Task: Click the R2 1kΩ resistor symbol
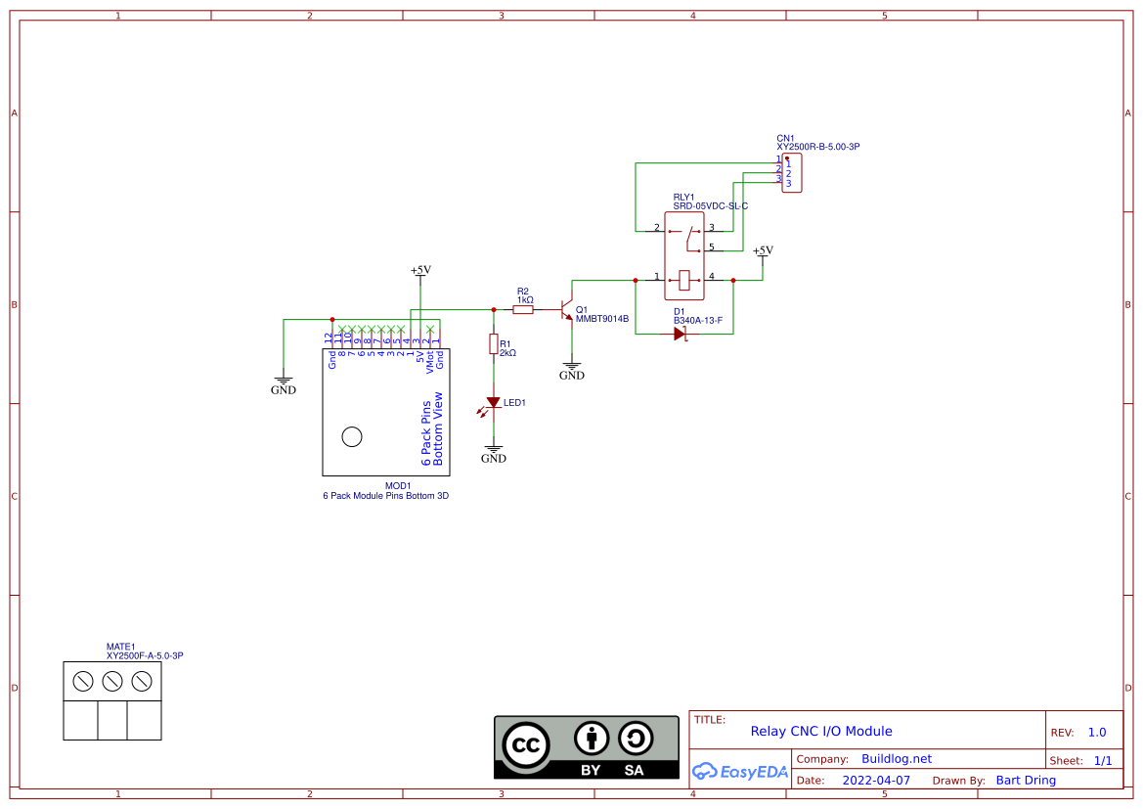click(523, 309)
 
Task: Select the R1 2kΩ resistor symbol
click(494, 344)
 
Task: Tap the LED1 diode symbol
click(494, 402)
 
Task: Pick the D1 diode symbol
click(681, 334)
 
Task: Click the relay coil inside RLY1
click(684, 280)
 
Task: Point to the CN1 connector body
click(792, 173)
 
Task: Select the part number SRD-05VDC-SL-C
click(710, 206)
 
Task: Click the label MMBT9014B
click(601, 319)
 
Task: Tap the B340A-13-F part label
click(697, 320)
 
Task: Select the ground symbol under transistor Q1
click(572, 371)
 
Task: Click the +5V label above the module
click(420, 270)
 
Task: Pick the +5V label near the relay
click(763, 250)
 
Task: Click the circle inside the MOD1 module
click(351, 437)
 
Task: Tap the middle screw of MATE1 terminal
click(112, 680)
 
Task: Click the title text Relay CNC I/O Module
click(821, 731)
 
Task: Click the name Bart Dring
click(1026, 781)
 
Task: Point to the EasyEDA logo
click(740, 771)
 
